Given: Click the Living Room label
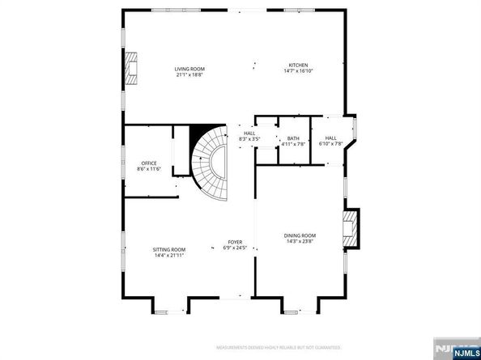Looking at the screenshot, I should [188, 68].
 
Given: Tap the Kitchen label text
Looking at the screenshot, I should [299, 66].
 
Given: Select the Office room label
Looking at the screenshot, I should [149, 163].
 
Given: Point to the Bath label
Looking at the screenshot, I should [293, 138].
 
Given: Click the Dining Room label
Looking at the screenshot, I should [300, 235].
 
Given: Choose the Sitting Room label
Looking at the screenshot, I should [170, 249].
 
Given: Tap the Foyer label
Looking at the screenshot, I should [235, 242].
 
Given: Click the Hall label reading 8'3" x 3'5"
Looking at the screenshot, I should [249, 133].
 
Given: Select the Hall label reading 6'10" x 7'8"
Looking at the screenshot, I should [330, 138].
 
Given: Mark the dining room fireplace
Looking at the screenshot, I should [351, 230].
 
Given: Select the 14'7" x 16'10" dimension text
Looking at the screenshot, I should [299, 70].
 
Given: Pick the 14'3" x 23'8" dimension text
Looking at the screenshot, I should [300, 240].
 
